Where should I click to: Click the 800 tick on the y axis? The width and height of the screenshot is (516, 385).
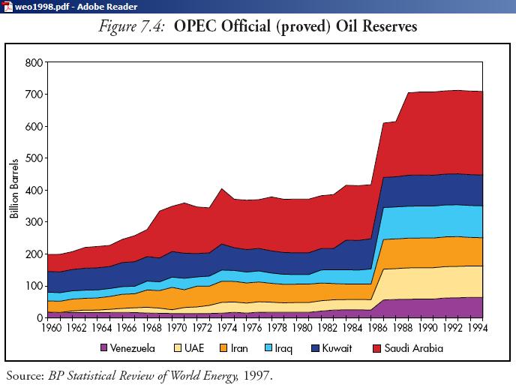[x=34, y=62]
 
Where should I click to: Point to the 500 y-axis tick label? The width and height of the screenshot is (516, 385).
[x=34, y=158]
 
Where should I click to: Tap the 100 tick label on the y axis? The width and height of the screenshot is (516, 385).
[x=34, y=286]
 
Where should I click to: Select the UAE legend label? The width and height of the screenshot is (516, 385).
[x=194, y=348]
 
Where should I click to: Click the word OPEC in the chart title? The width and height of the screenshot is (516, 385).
[x=196, y=27]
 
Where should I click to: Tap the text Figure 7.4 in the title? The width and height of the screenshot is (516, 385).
[x=131, y=27]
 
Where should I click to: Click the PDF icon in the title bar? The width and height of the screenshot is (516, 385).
[x=7, y=6]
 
